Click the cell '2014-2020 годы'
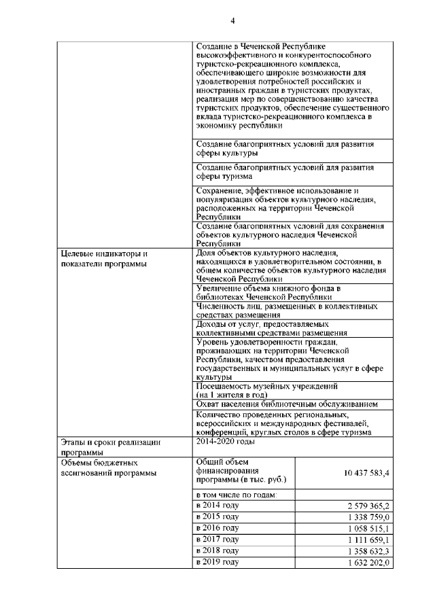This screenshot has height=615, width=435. pyautogui.click(x=225, y=442)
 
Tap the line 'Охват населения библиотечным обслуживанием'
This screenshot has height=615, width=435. pyautogui.click(x=286, y=404)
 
